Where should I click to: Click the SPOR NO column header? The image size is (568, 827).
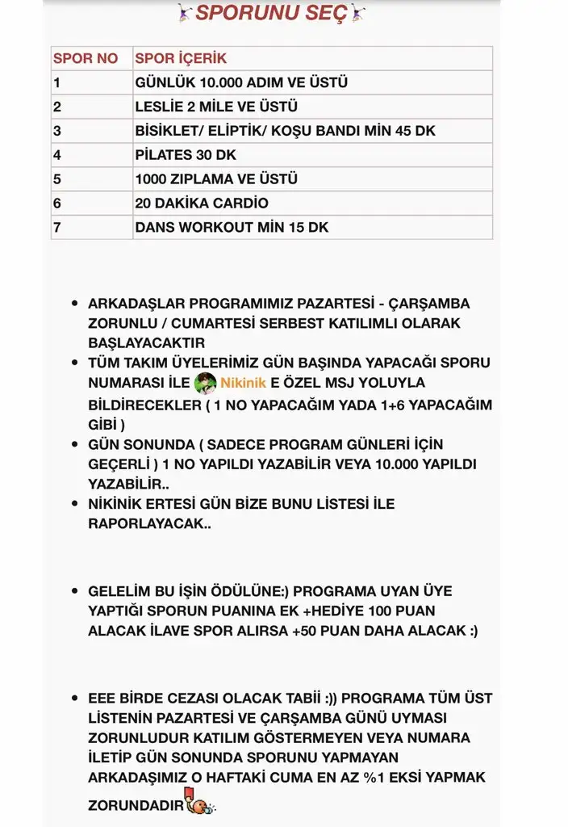tap(85, 58)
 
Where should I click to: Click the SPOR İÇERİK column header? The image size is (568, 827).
tap(181, 58)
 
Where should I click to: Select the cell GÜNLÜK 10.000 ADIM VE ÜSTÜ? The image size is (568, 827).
tap(241, 82)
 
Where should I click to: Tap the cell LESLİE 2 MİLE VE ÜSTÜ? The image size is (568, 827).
tap(216, 107)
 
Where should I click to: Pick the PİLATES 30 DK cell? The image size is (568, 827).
tap(186, 155)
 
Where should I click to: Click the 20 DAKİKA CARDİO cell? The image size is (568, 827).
tap(202, 204)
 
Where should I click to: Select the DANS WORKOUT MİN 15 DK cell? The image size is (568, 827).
tap(232, 228)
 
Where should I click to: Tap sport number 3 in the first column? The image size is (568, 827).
tap(57, 131)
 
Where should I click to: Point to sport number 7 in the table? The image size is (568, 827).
tap(57, 228)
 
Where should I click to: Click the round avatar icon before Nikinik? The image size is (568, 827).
tap(205, 383)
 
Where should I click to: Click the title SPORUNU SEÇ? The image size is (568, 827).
tap(271, 13)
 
